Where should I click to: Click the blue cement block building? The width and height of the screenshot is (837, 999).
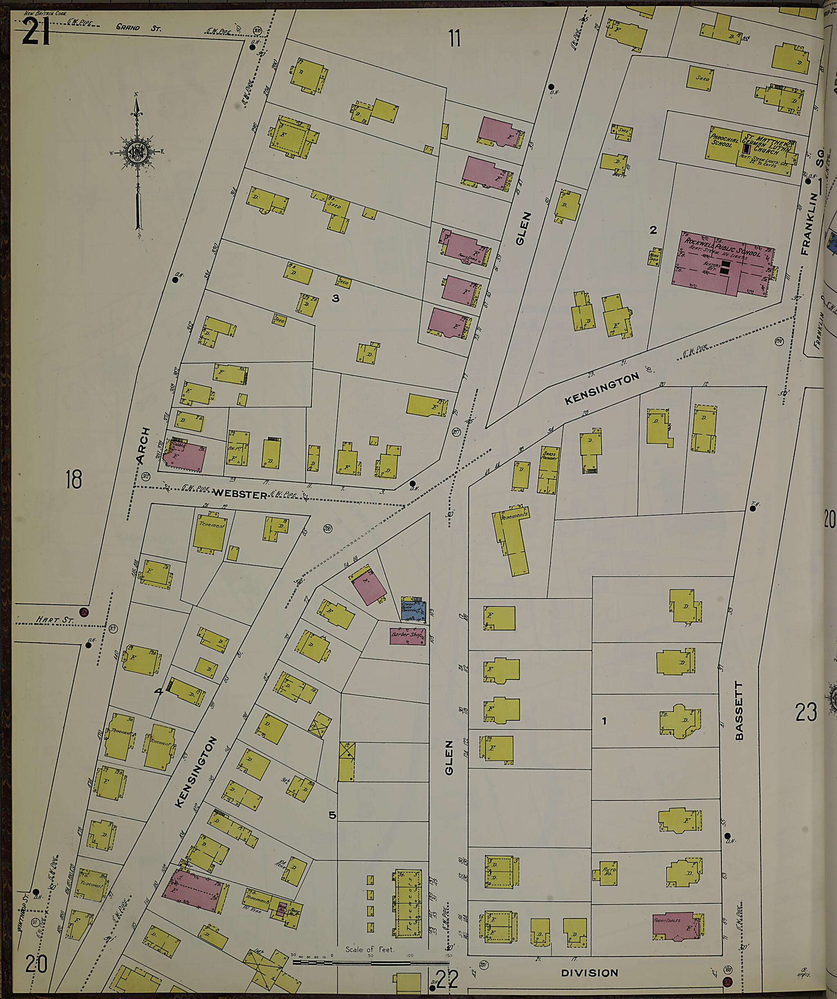click(412, 609)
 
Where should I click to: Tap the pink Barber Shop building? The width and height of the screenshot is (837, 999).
click(407, 635)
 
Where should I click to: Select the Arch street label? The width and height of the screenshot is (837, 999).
click(143, 445)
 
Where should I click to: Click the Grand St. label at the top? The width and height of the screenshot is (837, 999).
click(139, 28)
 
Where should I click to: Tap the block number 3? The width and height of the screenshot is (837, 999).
click(336, 298)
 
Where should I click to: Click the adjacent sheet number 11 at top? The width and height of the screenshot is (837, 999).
click(454, 38)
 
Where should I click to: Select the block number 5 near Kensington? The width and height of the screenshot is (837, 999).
click(332, 815)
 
